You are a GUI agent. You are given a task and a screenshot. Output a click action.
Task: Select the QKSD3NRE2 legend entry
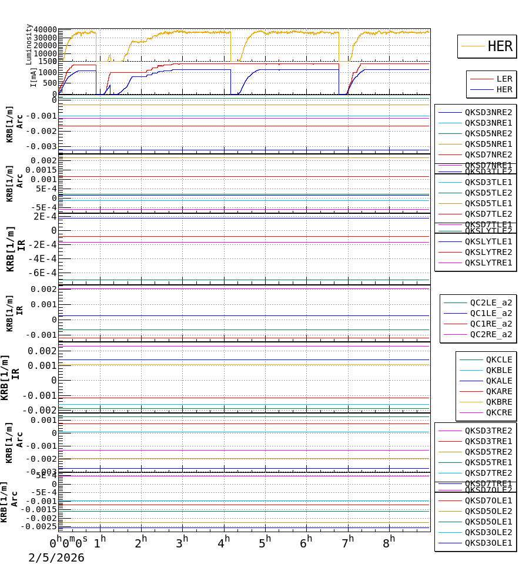pyautogui.click(x=488, y=112)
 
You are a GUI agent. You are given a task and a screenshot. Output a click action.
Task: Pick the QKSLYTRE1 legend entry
pyautogui.click(x=488, y=263)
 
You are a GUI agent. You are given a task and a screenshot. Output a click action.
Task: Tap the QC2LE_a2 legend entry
pyautogui.click(x=491, y=303)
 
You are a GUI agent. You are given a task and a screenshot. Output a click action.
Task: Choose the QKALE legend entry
pyautogui.click(x=498, y=381)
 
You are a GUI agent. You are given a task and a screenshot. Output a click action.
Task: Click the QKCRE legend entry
pyautogui.click(x=498, y=412)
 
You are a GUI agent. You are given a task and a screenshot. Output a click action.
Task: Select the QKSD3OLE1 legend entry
pyautogui.click(x=488, y=543)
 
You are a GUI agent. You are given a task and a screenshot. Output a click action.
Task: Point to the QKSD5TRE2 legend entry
pyautogui.click(x=488, y=452)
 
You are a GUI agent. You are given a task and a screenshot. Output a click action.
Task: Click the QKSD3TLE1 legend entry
pyautogui.click(x=488, y=182)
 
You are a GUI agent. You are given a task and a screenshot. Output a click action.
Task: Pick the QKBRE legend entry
pyautogui.click(x=498, y=402)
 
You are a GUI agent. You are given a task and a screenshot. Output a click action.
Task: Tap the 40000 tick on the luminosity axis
pyautogui.click(x=45, y=30)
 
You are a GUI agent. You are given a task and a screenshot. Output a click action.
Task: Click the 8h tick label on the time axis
pyautogui.click(x=389, y=540)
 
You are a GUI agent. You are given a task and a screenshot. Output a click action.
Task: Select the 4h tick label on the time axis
pyautogui.click(x=223, y=540)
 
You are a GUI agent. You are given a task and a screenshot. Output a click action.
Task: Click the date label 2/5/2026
pyautogui.click(x=56, y=557)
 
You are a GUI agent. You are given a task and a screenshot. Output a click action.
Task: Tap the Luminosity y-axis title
pyautogui.click(x=29, y=44)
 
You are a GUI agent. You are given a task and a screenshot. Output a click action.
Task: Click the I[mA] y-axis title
pyautogui.click(x=34, y=77)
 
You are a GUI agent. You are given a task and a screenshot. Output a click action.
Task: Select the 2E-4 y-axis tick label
pyautogui.click(x=45, y=216)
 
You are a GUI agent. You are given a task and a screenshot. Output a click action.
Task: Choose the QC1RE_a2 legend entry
pyautogui.click(x=491, y=324)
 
